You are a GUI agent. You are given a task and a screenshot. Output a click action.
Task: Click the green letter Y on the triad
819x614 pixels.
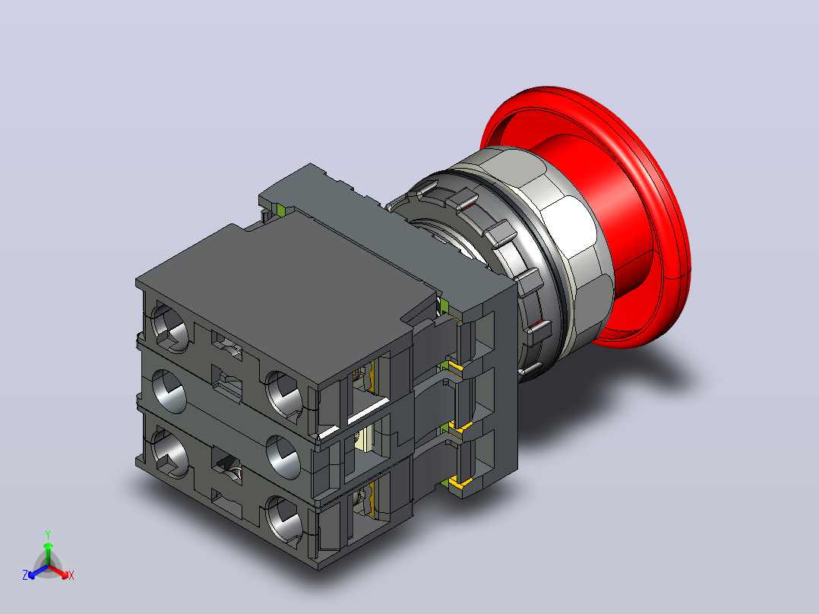(48, 534)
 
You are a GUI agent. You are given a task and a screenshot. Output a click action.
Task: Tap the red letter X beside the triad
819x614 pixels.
(71, 575)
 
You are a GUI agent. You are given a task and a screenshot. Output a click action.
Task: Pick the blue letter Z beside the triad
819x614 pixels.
(24, 574)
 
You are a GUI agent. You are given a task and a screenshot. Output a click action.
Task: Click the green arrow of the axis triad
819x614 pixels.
(48, 553)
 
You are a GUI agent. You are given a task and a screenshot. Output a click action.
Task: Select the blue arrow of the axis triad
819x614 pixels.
(37, 571)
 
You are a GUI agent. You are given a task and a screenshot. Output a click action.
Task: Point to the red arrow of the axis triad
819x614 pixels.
(58, 571)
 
